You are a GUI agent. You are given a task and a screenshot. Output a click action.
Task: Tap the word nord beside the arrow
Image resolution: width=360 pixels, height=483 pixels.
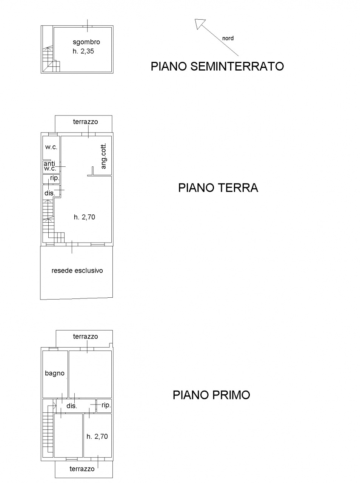pos(228,38)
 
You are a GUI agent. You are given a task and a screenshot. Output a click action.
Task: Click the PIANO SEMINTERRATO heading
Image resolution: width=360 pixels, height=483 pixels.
pos(217,66)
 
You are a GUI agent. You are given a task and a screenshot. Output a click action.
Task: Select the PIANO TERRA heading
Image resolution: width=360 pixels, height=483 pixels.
pos(218,188)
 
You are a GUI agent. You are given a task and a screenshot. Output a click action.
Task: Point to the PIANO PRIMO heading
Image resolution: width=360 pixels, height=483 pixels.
pos(211,395)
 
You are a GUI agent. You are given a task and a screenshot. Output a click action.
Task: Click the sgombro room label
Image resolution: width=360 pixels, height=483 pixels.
pos(86,42)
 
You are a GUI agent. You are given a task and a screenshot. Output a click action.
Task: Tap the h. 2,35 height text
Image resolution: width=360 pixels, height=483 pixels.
pos(83,51)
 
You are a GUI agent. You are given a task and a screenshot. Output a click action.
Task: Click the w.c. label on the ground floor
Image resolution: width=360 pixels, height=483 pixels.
pos(51,147)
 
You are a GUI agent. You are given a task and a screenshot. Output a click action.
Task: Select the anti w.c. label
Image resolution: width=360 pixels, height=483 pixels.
pos(50,166)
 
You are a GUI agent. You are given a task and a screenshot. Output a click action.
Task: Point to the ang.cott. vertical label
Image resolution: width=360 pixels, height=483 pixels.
pos(104,156)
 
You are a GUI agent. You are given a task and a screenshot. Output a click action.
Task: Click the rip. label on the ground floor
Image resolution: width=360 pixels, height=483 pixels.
pos(55,178)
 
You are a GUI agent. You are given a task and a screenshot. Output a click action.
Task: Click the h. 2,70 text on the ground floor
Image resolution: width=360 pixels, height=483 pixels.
pos(85,217)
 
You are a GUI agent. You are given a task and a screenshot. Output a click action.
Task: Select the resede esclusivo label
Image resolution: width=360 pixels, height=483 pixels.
pos(77,271)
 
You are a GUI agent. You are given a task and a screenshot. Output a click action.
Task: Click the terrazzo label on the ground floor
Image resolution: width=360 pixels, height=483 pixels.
pos(85,122)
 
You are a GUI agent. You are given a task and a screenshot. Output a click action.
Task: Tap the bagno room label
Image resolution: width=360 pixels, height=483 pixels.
pos(54,373)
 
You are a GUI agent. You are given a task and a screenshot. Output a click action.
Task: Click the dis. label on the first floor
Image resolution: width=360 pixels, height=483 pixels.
pos(72,406)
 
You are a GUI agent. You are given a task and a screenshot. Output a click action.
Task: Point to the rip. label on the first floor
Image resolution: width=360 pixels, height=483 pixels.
pos(106,405)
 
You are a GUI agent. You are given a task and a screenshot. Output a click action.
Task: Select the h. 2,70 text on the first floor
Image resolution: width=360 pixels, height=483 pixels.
pos(97,437)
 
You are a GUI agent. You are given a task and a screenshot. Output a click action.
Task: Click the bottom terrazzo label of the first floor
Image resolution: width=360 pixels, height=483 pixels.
pos(82,469)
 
